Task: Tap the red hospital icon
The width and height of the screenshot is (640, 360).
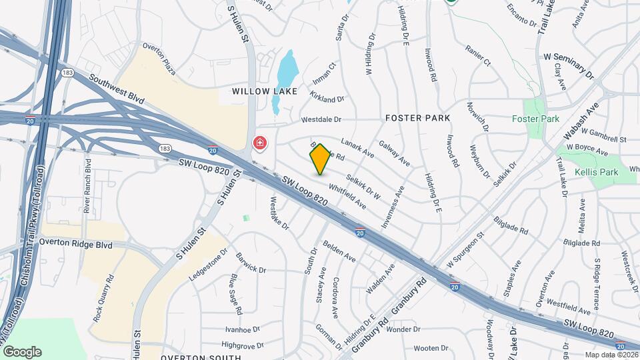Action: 259,143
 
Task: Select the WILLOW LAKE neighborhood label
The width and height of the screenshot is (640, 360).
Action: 264,91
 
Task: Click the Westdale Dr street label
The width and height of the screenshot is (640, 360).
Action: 321,120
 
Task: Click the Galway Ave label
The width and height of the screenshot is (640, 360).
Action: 393,153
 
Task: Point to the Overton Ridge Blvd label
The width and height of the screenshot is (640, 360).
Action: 75,244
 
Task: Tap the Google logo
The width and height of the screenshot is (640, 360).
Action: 22,352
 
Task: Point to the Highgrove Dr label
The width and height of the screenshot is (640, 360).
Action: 243,345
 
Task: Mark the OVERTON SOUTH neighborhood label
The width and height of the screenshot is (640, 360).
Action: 200,357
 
